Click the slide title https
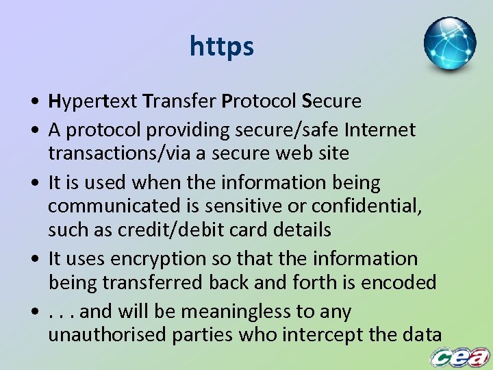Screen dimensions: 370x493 222,47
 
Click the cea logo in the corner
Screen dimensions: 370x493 459,357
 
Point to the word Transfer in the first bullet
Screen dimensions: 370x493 179,102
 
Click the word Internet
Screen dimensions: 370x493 380,129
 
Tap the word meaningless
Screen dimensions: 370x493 235,312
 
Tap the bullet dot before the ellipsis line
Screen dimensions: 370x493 34,313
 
